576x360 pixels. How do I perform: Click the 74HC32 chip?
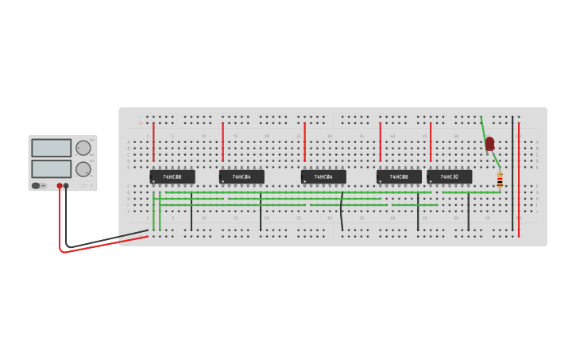click(449, 176)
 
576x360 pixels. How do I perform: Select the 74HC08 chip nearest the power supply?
click(172, 176)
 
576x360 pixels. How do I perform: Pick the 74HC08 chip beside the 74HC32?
click(399, 176)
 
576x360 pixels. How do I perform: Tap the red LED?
click(489, 143)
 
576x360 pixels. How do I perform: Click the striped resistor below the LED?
click(500, 180)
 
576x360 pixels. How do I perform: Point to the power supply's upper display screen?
click(52, 148)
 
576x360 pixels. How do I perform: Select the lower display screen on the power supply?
click(52, 168)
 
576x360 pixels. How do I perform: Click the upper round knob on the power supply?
click(83, 148)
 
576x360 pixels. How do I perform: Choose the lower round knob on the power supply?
click(83, 168)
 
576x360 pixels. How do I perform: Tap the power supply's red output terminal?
click(60, 186)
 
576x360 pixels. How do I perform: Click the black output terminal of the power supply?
click(66, 186)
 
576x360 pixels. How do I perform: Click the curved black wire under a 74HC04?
click(342, 211)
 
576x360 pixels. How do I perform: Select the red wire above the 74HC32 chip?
click(431, 141)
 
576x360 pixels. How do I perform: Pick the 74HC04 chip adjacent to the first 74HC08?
click(242, 176)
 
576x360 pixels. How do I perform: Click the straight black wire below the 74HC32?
click(468, 211)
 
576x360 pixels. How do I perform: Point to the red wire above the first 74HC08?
click(153, 141)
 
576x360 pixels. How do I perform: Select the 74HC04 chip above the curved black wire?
click(323, 176)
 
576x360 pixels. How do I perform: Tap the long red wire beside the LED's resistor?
click(519, 179)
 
